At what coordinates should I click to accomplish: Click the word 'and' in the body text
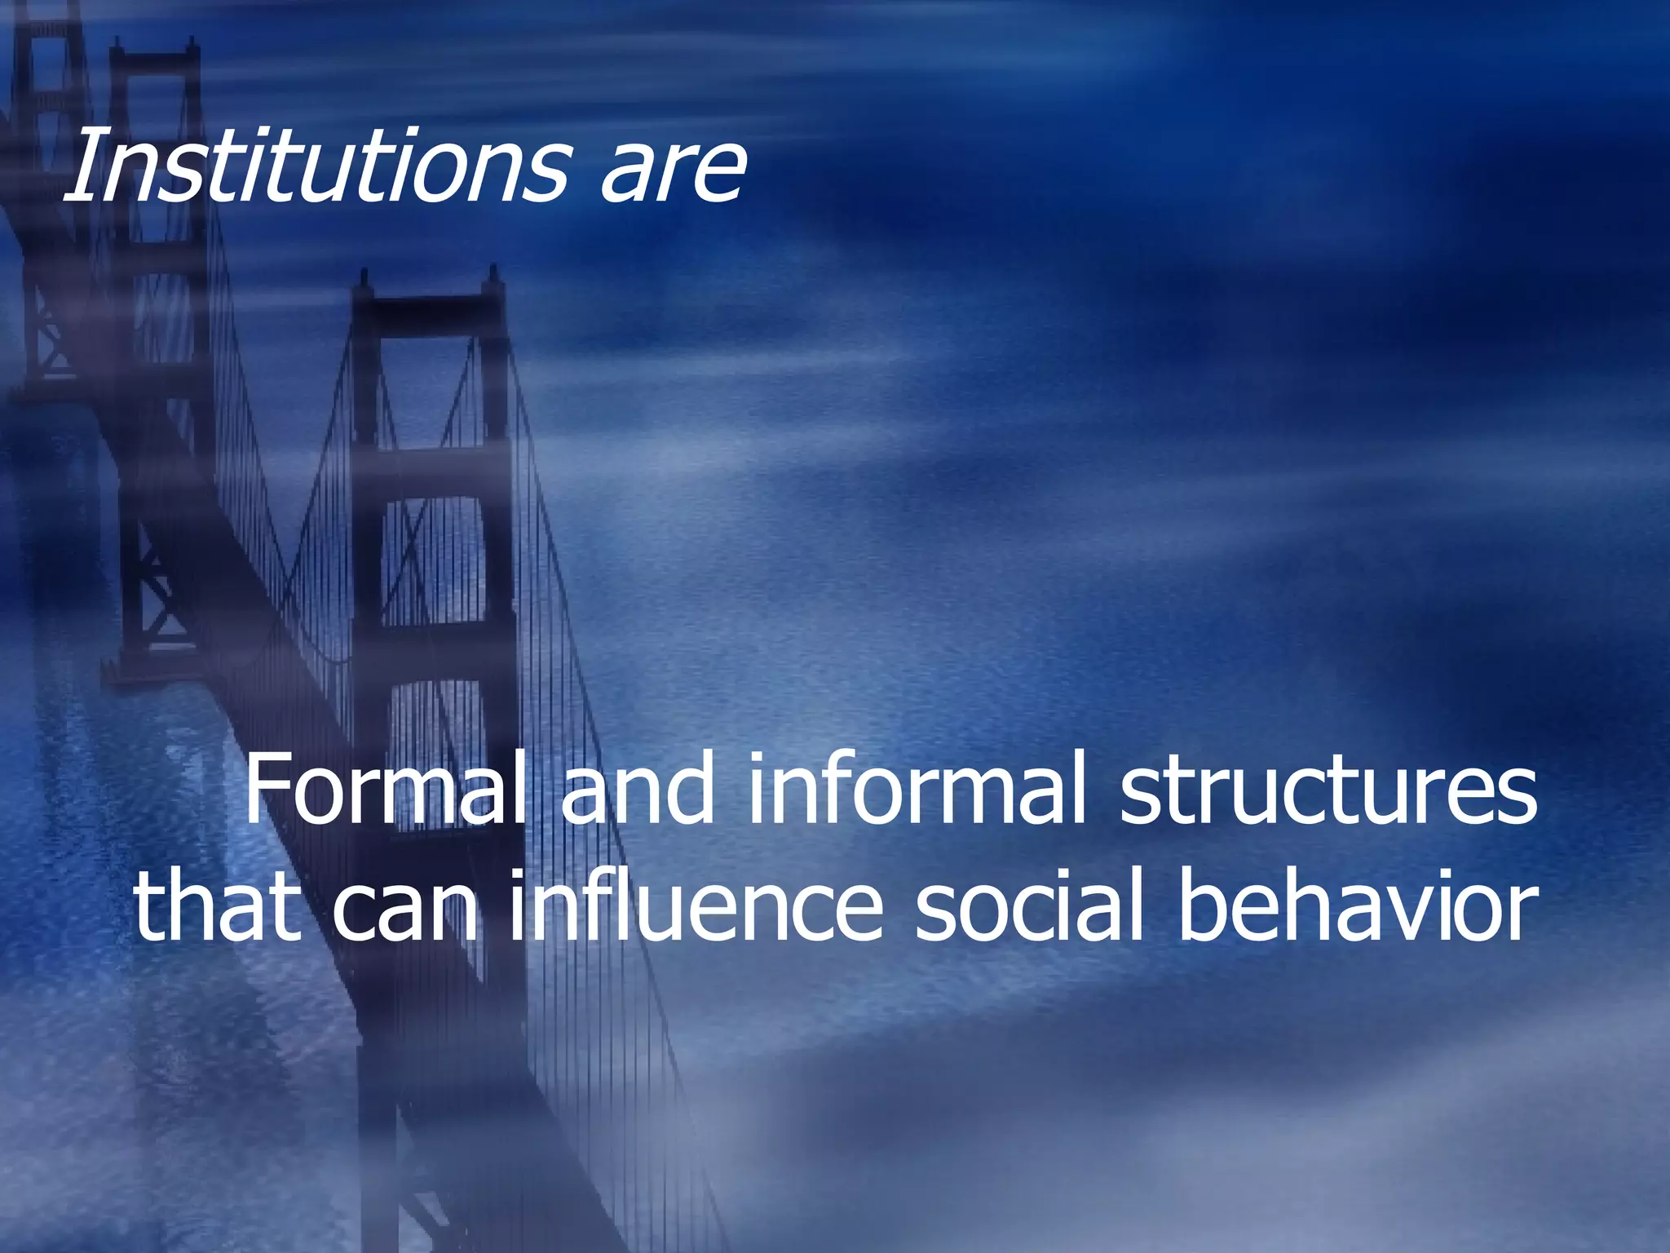(637, 790)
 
